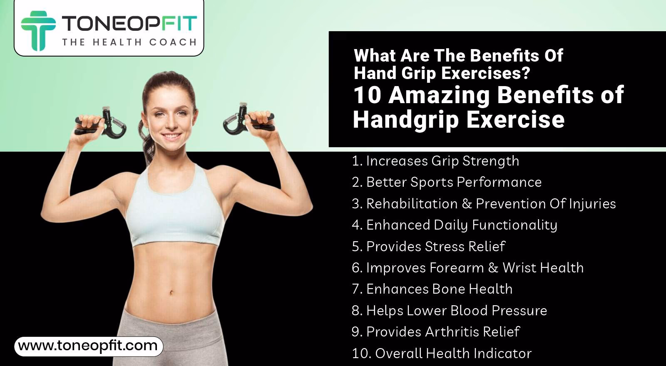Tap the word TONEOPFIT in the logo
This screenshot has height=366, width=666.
click(x=129, y=23)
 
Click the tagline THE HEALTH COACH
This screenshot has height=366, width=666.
click(x=129, y=42)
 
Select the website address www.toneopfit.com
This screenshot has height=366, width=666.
click(x=88, y=346)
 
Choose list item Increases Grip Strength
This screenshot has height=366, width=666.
click(x=435, y=161)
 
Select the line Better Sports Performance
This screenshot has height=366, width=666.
click(x=447, y=182)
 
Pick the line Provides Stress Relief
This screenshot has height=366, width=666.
click(x=428, y=246)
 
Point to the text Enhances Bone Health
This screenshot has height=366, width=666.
click(x=432, y=289)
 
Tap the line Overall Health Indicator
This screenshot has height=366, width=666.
click(x=442, y=354)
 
